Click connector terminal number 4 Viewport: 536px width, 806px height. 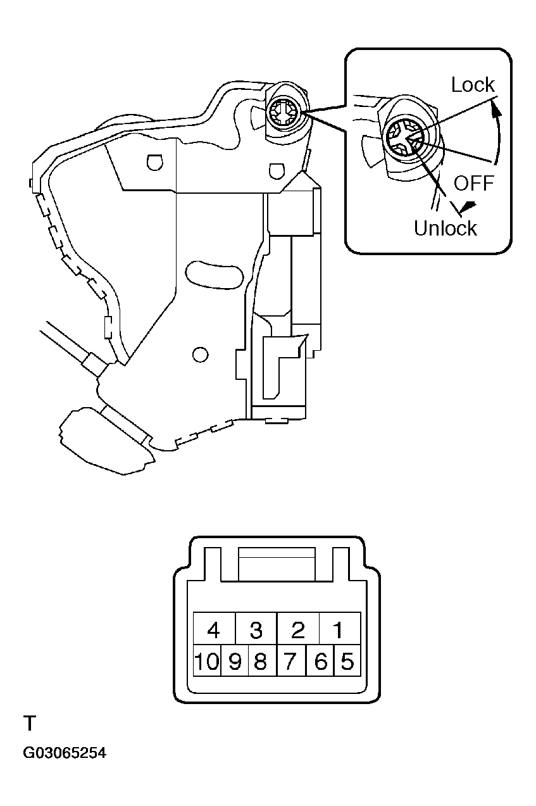(x=214, y=628)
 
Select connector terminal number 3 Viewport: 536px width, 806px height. (x=256, y=628)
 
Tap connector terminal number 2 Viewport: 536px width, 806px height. (x=298, y=628)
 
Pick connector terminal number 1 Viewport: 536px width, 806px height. (x=340, y=628)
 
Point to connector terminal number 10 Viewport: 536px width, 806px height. (x=207, y=660)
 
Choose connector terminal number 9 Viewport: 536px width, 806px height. (x=235, y=660)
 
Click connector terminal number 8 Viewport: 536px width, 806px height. (x=263, y=660)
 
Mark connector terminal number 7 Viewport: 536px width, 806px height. (x=291, y=660)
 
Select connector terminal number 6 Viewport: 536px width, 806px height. (x=320, y=660)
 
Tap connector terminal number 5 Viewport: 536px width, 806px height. (x=347, y=660)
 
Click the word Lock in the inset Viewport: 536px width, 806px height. (x=473, y=85)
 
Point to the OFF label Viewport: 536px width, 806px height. (x=473, y=183)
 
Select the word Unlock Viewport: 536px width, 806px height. (x=446, y=228)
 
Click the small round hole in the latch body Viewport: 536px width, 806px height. (x=201, y=355)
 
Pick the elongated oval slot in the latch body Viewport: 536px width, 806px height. (x=215, y=275)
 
